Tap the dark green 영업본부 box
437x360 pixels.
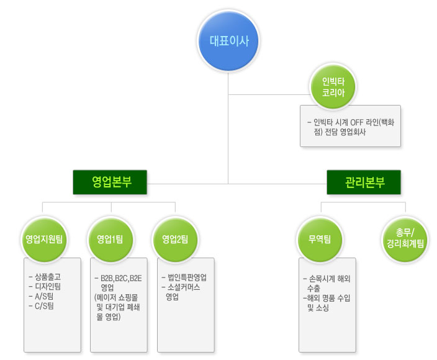(x=110, y=182)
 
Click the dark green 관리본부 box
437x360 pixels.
(x=364, y=182)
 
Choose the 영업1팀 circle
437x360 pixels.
(x=109, y=239)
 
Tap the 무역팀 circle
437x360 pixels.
(x=320, y=239)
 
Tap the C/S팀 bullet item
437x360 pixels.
(x=44, y=305)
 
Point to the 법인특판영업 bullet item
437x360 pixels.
(x=186, y=277)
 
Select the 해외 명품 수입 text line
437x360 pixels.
(x=330, y=298)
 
